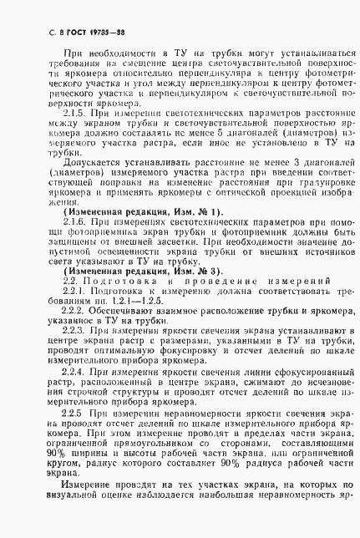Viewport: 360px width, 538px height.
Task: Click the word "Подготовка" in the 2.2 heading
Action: [x=109, y=282]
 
